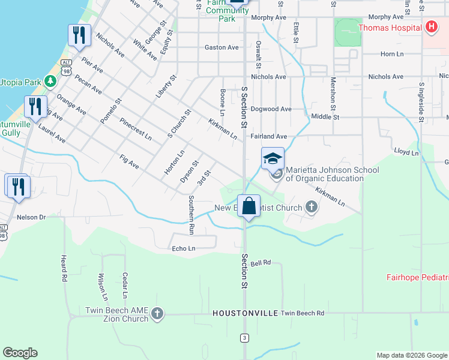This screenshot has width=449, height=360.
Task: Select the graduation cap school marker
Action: click(273, 159)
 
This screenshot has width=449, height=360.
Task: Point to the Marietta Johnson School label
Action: click(332, 174)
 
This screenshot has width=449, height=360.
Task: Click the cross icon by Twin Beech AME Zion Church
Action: click(157, 314)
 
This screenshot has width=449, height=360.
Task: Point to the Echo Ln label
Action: click(184, 248)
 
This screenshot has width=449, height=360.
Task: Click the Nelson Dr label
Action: click(31, 217)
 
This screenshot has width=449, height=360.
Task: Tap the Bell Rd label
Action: click(262, 263)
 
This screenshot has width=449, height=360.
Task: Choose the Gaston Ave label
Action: click(221, 47)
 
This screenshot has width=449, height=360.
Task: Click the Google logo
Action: click(20, 353)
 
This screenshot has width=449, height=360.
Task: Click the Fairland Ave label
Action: click(269, 137)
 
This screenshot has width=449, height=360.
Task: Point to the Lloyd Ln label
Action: click(406, 153)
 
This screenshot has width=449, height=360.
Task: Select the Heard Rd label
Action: click(63, 268)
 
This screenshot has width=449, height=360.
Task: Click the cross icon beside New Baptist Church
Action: click(311, 208)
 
